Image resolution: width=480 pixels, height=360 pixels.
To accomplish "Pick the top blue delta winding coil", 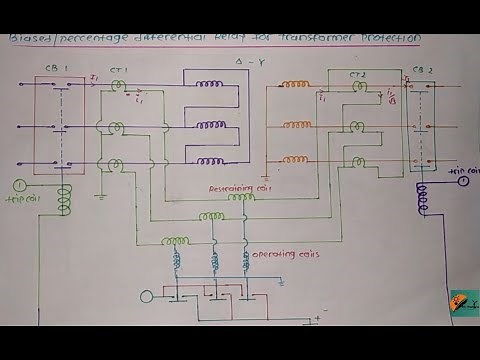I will click(x=211, y=87).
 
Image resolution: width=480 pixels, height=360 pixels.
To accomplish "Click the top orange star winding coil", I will click(x=297, y=86).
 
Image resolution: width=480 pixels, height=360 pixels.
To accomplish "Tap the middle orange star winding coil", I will click(x=297, y=125).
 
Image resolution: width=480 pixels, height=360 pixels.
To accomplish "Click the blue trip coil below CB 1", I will click(x=66, y=200).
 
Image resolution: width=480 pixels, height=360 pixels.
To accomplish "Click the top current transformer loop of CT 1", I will click(x=117, y=88).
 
